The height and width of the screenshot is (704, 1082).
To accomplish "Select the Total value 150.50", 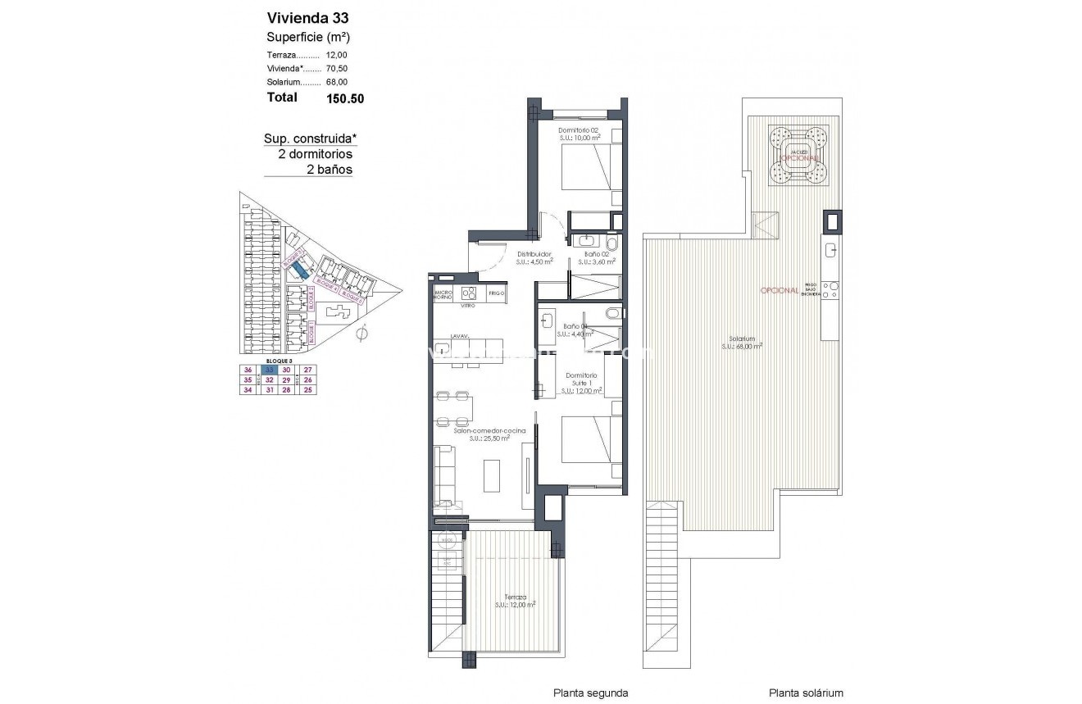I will tap(344, 98).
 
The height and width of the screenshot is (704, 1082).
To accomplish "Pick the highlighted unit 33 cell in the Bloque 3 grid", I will tap(270, 369).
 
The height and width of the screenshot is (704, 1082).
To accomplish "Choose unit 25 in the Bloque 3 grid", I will tap(307, 390).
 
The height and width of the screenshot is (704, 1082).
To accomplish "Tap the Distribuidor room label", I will tap(533, 254).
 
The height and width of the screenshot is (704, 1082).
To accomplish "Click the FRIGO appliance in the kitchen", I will tap(496, 293).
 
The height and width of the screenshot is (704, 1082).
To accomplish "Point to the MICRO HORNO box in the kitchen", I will tap(443, 293).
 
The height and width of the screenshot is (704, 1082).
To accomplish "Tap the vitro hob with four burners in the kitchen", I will tap(470, 293).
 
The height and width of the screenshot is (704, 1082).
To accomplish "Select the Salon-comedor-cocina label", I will tap(484, 430).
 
